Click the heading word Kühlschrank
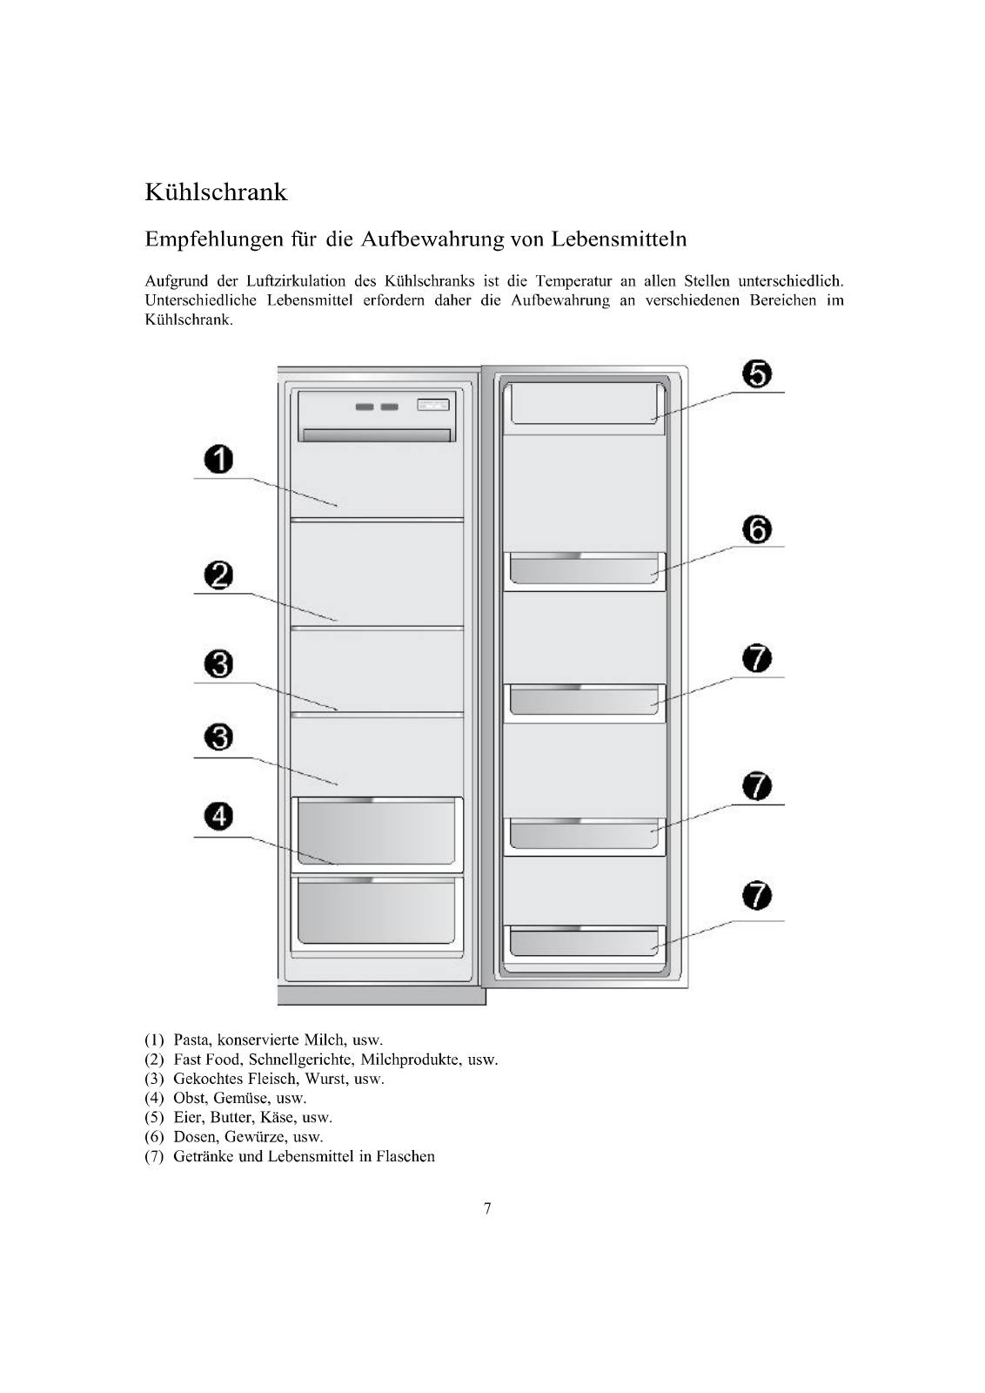[216, 192]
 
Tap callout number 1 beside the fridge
[219, 459]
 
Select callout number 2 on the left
[219, 575]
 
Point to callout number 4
[219, 817]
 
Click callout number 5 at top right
[758, 375]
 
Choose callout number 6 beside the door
[758, 529]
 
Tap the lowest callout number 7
[758, 897]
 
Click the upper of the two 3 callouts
[219, 665]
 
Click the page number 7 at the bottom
[487, 1208]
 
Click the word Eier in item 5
[188, 1118]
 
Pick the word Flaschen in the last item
[405, 1157]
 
